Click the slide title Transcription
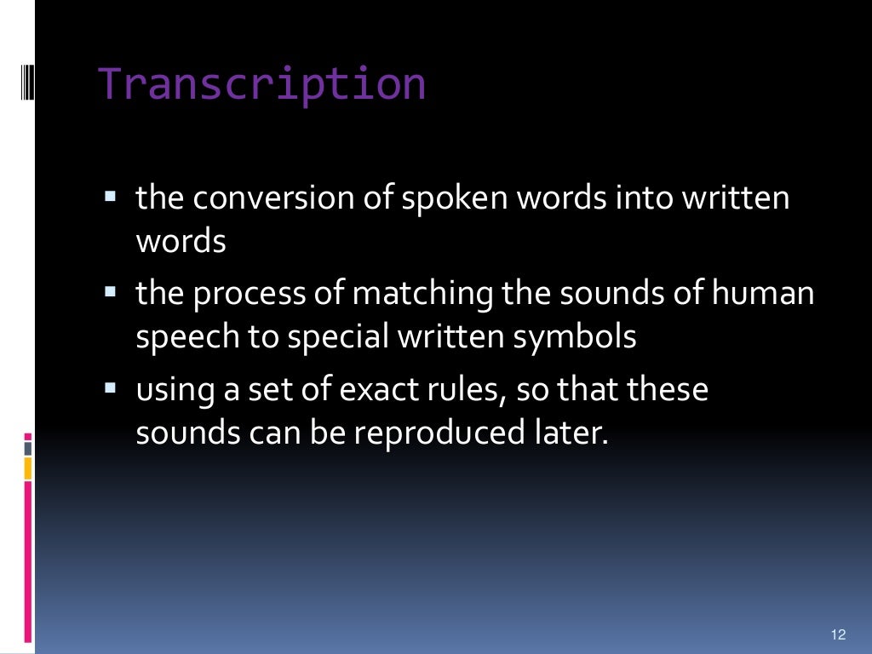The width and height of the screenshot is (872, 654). click(262, 84)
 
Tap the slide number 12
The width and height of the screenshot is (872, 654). click(837, 634)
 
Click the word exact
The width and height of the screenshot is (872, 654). click(376, 391)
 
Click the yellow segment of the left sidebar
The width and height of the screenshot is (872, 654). click(28, 468)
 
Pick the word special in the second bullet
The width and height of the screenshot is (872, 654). click(336, 338)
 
